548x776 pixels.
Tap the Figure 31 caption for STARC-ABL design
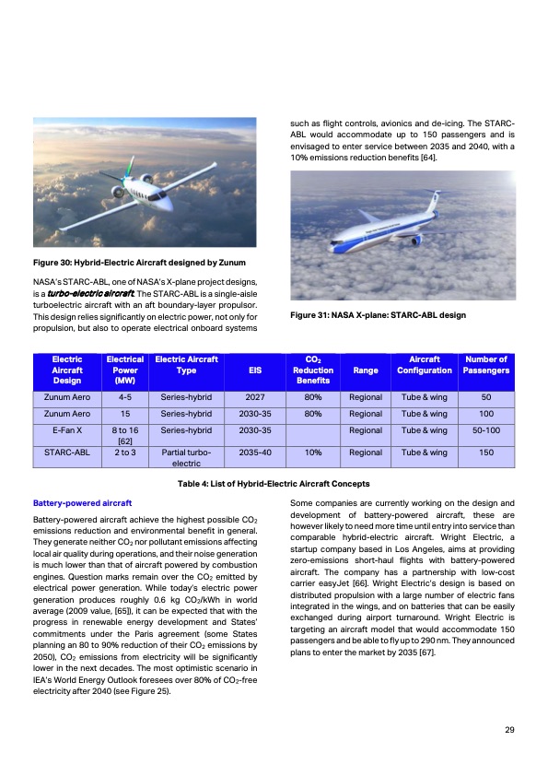tap(378, 315)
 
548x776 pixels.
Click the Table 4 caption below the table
tap(274, 484)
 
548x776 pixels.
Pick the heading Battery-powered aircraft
tap(83, 503)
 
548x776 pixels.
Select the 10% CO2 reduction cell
tap(312, 453)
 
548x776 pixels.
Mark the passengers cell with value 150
tap(486, 453)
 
